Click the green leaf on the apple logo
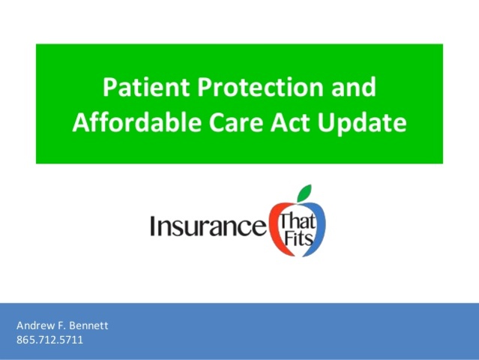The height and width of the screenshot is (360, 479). pyautogui.click(x=304, y=193)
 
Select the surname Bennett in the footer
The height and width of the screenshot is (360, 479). pyautogui.click(x=88, y=326)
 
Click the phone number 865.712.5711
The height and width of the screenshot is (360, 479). pyautogui.click(x=49, y=340)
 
